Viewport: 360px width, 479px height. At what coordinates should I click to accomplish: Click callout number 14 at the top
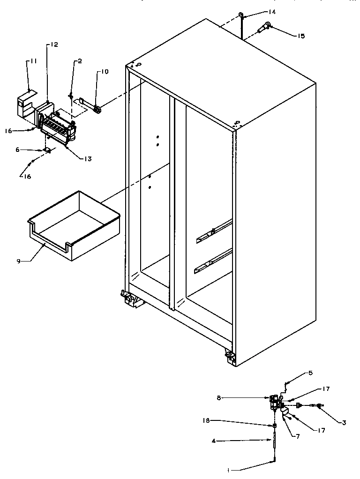(x=272, y=12)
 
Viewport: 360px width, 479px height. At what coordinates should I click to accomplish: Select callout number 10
(x=104, y=71)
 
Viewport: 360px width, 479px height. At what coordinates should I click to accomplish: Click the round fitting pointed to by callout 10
(x=97, y=110)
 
